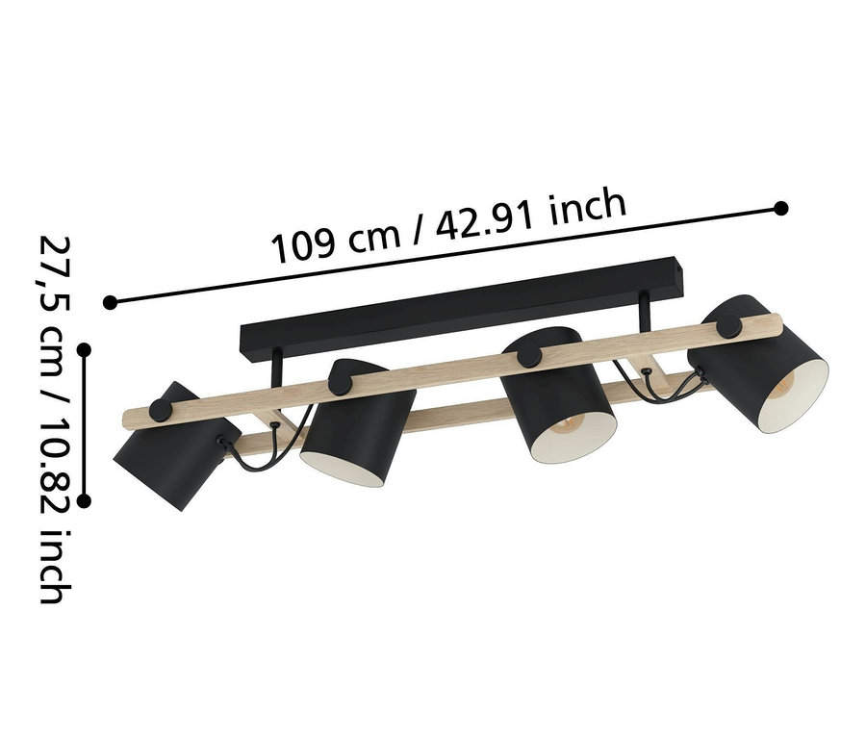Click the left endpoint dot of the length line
pyautogui.click(x=111, y=302)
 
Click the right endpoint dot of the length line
pyautogui.click(x=781, y=208)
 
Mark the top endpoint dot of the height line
pyautogui.click(x=84, y=350)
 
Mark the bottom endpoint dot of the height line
pyautogui.click(x=84, y=500)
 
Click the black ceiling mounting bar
pyautogui.click(x=462, y=308)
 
